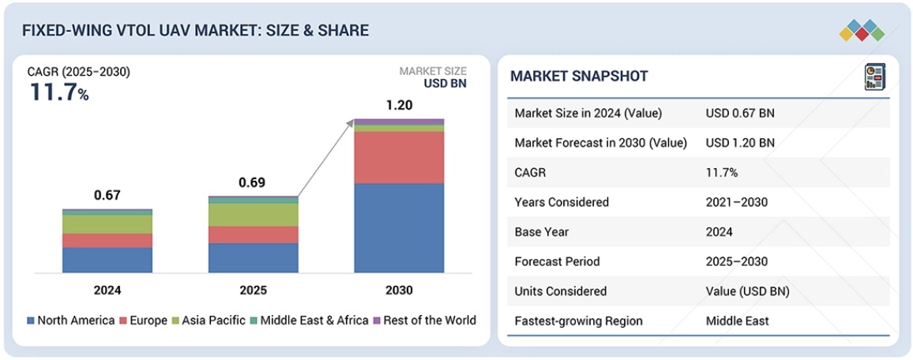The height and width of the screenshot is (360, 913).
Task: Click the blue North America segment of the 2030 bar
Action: pos(399,228)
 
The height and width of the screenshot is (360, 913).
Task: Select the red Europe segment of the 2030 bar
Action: pos(399,157)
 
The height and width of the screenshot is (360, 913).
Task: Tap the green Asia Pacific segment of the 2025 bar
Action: pos(254,215)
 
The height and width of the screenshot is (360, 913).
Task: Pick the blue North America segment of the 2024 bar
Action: pos(107,260)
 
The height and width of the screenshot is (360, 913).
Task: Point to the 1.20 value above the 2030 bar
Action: pos(399,104)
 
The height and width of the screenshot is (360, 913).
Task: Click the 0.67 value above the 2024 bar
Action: pos(107,195)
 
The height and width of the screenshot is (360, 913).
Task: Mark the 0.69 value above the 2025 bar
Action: pos(253,182)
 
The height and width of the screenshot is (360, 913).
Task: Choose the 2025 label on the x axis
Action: pos(253,290)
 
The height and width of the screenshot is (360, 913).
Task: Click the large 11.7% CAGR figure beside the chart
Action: pos(59,92)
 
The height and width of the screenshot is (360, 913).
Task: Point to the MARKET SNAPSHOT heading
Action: pos(579,77)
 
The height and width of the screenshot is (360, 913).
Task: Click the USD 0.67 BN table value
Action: pos(740,113)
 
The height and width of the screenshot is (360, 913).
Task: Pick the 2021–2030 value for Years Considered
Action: pos(737,202)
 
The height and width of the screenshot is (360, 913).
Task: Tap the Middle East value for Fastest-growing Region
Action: pos(737,321)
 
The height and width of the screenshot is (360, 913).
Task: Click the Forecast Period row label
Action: pos(557,261)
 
